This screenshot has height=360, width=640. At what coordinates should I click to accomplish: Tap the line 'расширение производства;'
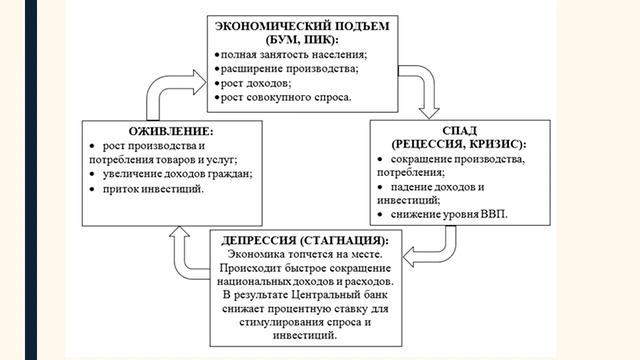click(x=275, y=69)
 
